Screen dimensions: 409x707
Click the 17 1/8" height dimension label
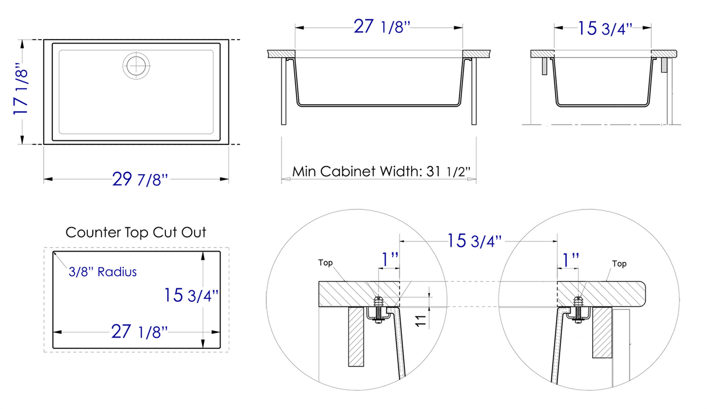click(x=21, y=91)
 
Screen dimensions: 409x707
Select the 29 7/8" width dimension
click(x=140, y=180)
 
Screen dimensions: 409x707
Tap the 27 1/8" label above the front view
click(x=379, y=27)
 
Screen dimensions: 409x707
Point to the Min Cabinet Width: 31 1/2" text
click(x=381, y=172)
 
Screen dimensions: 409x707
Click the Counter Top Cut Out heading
click(x=136, y=232)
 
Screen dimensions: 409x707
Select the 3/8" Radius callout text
click(x=102, y=272)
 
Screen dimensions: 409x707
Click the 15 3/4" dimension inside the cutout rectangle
click(x=191, y=295)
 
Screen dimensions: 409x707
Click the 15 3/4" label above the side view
click(x=606, y=29)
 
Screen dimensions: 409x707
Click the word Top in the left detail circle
click(x=326, y=263)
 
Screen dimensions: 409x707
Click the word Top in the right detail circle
click(x=619, y=264)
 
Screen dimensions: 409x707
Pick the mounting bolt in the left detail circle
click(x=378, y=308)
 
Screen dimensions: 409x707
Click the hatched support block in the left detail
click(x=356, y=336)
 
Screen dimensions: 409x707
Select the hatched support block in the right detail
click(x=601, y=332)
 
